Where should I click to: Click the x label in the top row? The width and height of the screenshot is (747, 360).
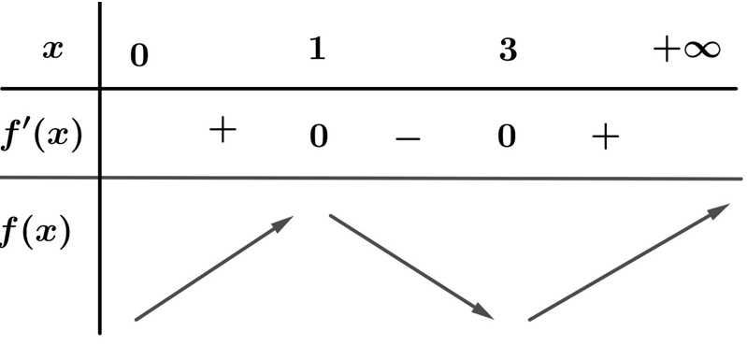(x=52, y=49)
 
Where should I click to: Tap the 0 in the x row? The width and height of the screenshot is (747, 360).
(x=139, y=56)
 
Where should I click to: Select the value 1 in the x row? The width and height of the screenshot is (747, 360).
(x=317, y=49)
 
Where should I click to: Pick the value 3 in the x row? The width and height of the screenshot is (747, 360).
(x=508, y=50)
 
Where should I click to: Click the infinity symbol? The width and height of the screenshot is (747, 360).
(x=702, y=50)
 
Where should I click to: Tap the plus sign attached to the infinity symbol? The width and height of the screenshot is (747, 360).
(x=667, y=50)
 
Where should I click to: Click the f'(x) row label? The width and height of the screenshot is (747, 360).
(x=41, y=137)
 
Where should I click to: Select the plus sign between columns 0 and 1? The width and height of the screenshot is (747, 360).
(x=223, y=131)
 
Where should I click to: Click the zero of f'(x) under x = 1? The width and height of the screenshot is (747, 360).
(x=319, y=137)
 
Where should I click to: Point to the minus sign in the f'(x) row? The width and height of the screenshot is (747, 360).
(x=408, y=139)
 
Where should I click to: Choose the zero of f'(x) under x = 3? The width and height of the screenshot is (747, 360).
(x=507, y=137)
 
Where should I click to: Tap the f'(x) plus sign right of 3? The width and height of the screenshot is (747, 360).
(x=606, y=137)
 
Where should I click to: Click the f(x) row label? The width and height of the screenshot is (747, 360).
(x=36, y=232)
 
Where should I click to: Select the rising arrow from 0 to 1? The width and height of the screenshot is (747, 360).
(x=214, y=268)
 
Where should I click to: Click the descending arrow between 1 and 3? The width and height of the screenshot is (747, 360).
(x=411, y=266)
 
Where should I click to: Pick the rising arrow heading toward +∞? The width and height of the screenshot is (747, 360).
(x=629, y=262)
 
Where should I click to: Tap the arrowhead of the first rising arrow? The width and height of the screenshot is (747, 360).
(x=284, y=223)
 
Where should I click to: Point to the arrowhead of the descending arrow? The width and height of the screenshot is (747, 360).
(x=483, y=312)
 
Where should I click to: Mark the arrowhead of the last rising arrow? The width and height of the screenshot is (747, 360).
(x=719, y=209)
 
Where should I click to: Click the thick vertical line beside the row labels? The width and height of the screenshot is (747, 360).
(x=100, y=168)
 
